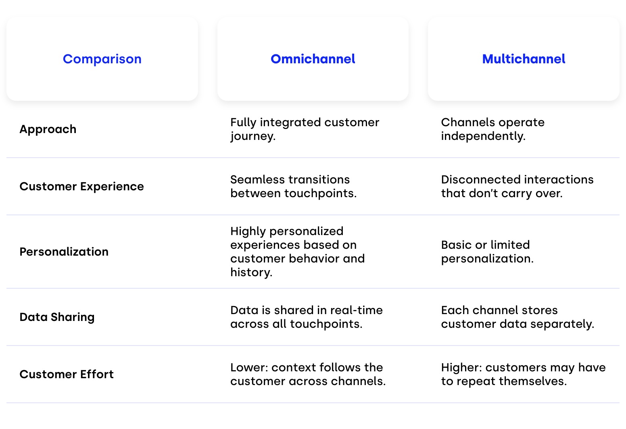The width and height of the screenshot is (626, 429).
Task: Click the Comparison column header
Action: click(x=102, y=59)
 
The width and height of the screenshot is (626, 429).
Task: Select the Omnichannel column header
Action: click(x=313, y=59)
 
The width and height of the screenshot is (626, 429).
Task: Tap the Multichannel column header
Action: click(x=524, y=59)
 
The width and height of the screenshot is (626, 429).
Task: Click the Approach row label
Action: click(x=48, y=129)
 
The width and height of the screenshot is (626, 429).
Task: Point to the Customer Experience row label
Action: click(x=81, y=187)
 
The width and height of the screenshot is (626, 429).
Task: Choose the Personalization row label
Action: click(x=64, y=252)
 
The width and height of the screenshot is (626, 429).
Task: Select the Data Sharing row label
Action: click(x=57, y=317)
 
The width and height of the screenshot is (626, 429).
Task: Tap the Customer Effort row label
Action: click(x=67, y=374)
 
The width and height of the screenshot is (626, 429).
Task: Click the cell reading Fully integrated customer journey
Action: click(x=305, y=129)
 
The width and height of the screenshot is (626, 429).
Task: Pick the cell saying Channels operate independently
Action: click(x=493, y=129)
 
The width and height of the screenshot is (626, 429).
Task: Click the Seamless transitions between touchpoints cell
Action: click(x=294, y=187)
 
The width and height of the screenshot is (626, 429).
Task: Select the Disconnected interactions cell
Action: click(x=517, y=187)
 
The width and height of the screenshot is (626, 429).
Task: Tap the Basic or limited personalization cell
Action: click(x=487, y=252)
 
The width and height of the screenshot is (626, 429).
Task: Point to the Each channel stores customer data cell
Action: click(x=517, y=317)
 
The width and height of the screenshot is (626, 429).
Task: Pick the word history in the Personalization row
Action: click(x=251, y=273)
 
